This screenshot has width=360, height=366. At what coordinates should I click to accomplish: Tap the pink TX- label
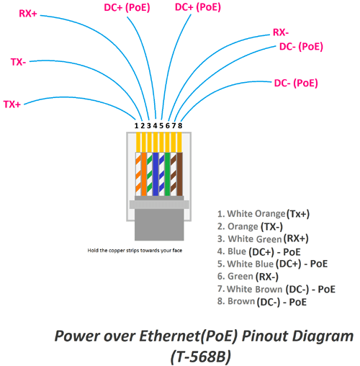(x=18, y=62)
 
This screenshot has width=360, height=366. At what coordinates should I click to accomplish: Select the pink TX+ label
(x=12, y=104)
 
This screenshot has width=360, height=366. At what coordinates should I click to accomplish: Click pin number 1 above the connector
(x=136, y=125)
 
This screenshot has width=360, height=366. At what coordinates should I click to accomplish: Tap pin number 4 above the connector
(x=155, y=125)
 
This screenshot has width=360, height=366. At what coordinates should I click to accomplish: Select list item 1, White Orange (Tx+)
(x=263, y=214)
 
